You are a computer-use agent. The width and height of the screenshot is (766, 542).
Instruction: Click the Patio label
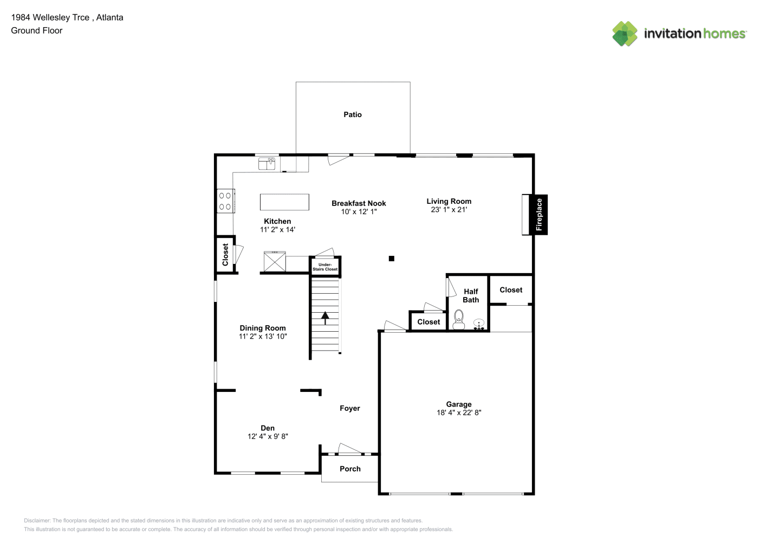[x=353, y=114]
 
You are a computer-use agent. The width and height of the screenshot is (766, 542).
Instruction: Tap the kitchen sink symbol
[x=267, y=164]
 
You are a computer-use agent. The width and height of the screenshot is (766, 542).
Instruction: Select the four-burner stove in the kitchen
[x=226, y=201]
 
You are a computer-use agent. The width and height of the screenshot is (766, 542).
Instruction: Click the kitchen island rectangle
[x=284, y=202]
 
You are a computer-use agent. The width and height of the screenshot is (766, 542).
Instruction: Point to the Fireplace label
[x=539, y=215]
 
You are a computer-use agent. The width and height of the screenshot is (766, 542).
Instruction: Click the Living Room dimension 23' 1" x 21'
[x=449, y=209]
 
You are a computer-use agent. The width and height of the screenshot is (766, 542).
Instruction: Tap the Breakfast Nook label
[x=359, y=203]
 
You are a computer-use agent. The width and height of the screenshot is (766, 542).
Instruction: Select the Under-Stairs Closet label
[x=325, y=267]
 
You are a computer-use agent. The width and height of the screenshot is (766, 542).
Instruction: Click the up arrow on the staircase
[x=325, y=318]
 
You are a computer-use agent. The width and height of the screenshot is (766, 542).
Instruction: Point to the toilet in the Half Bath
[x=459, y=320]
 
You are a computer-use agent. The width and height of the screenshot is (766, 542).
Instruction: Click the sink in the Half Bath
[x=479, y=324]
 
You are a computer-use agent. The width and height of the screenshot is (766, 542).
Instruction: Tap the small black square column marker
[x=392, y=259]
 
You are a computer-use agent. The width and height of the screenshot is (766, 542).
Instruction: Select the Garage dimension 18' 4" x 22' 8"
[x=459, y=412]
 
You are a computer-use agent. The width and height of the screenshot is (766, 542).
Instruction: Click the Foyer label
[x=350, y=408]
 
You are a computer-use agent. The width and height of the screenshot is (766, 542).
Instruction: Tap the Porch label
[x=350, y=469]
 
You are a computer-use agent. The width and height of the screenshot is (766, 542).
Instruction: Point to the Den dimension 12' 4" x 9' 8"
[x=268, y=436]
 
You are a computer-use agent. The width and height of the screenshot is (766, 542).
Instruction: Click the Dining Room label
[x=263, y=328]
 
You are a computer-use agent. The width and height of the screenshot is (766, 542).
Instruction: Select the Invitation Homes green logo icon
[x=625, y=34]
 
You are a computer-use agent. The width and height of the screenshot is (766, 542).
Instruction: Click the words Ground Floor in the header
[x=37, y=30]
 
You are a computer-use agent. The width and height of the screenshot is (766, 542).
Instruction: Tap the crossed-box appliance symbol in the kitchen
[x=275, y=262]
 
